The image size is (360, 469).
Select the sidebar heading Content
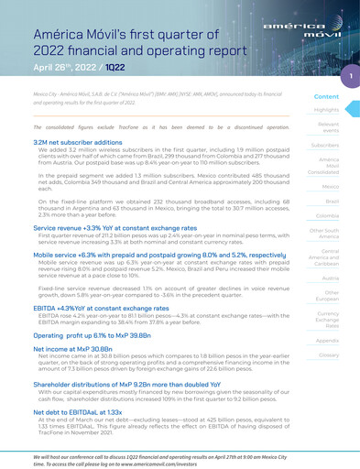coord(326,96)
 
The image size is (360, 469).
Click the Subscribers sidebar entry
coord(325,145)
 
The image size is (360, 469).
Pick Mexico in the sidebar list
coord(330,186)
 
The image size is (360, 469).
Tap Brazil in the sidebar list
coord(332,201)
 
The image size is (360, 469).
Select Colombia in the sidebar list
coord(328,214)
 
